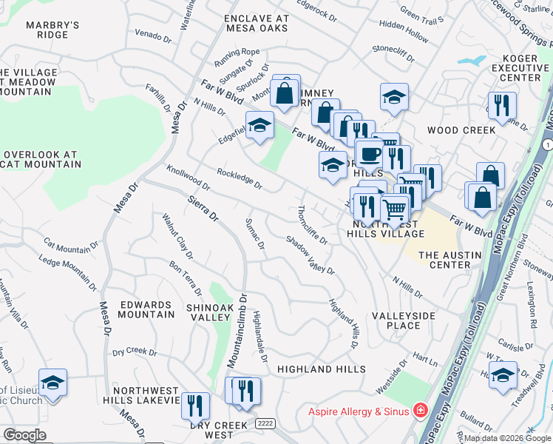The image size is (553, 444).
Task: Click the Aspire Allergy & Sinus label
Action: pos(360,409)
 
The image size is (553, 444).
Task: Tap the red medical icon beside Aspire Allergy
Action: pos(420,409)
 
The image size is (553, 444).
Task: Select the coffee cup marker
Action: pos(370,154)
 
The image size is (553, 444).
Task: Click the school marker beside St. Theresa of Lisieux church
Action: pos(52,382)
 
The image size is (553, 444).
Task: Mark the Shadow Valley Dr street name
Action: pos(311,255)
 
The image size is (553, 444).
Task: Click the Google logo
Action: pos(24,435)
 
